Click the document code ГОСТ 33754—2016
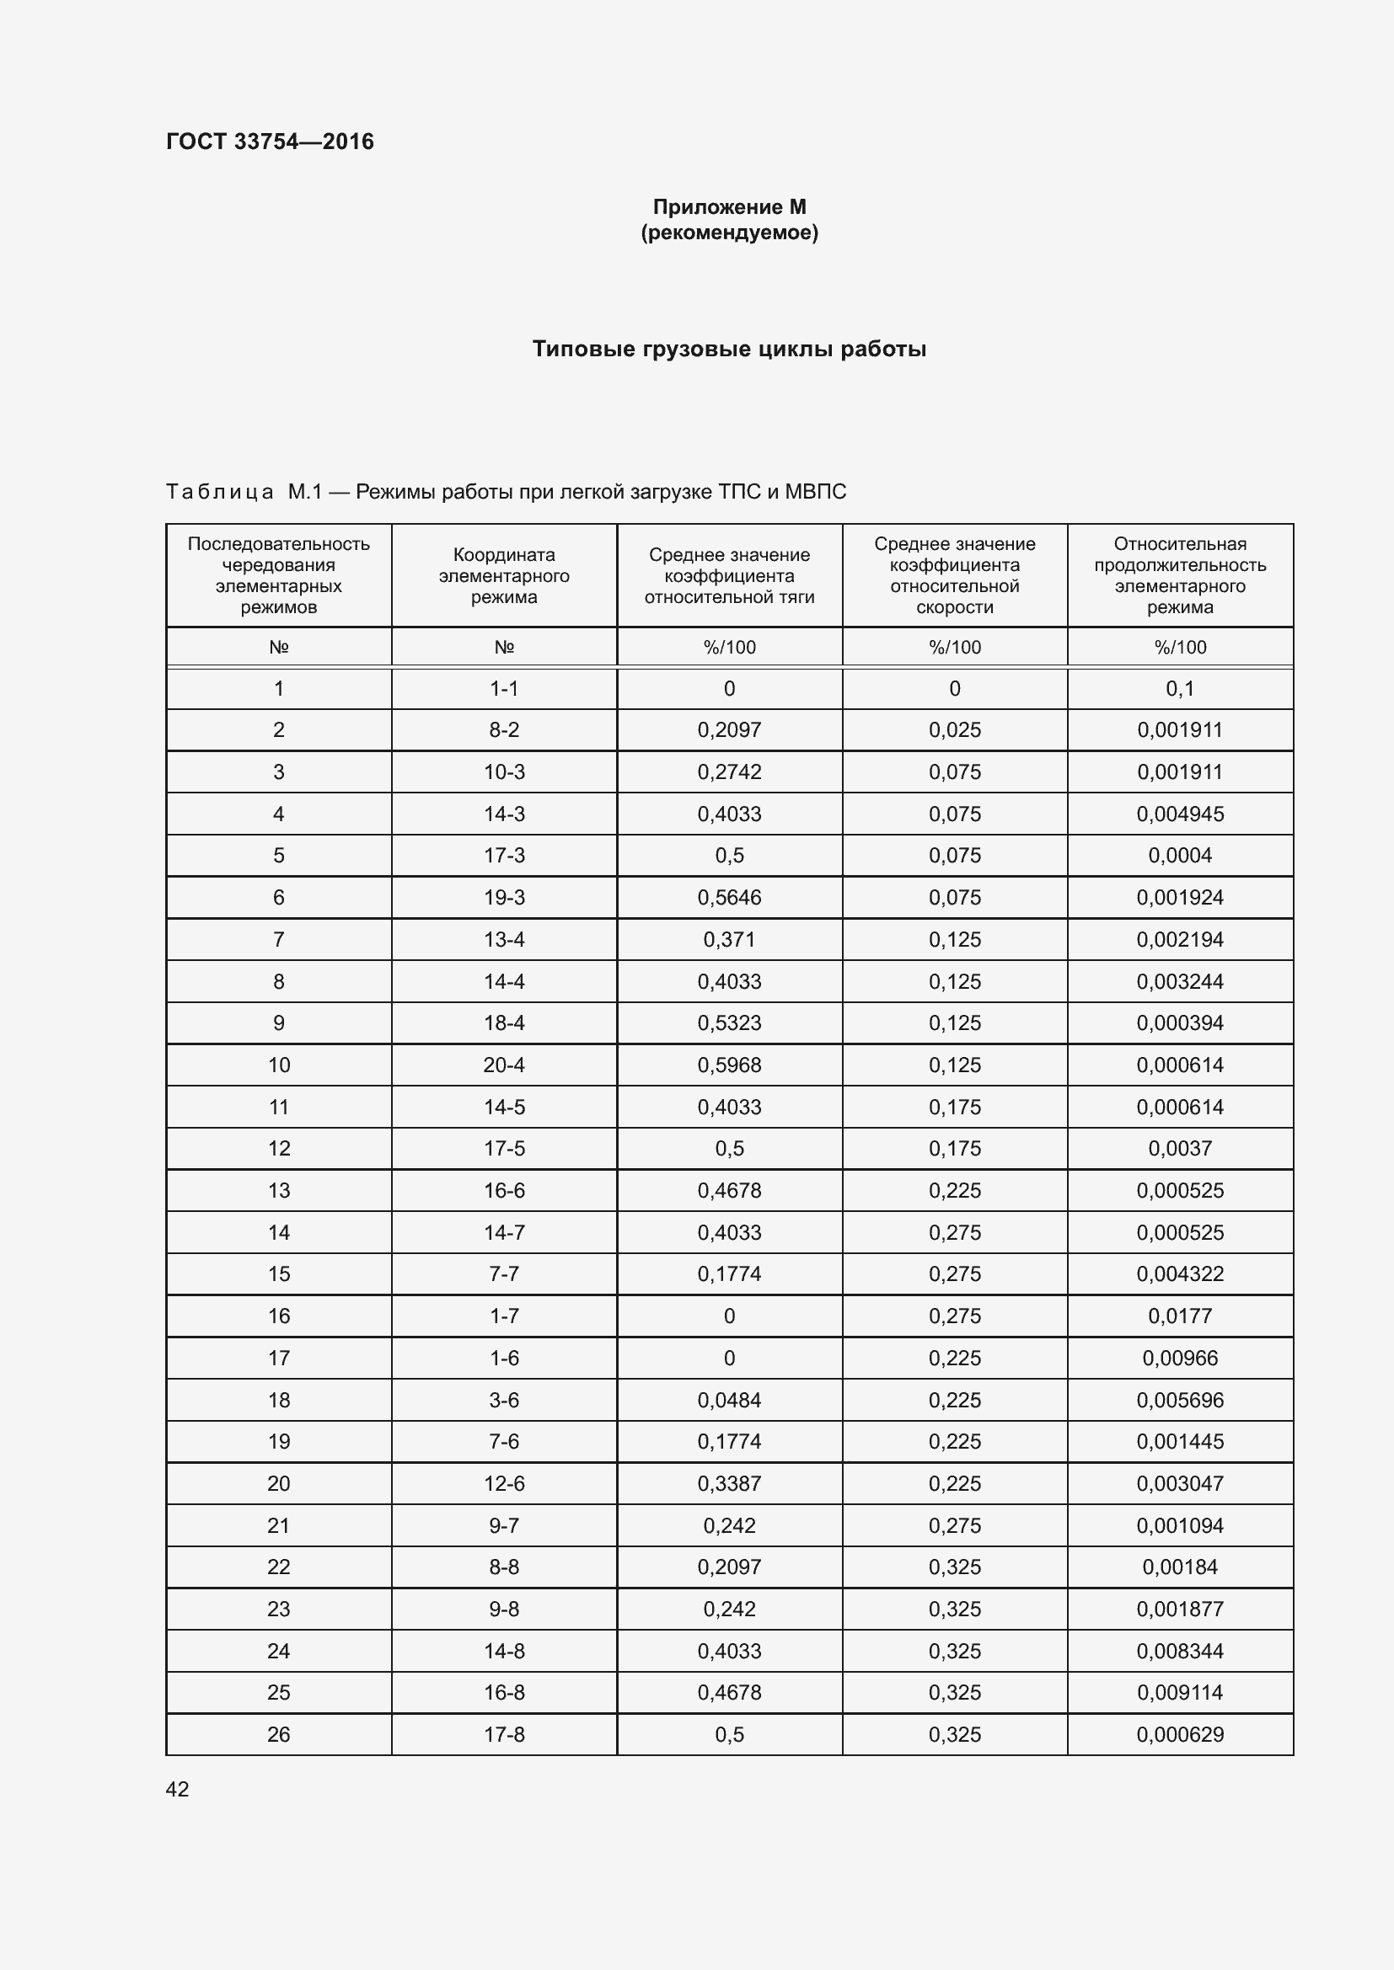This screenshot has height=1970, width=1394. click(270, 141)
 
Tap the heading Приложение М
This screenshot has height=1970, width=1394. click(729, 207)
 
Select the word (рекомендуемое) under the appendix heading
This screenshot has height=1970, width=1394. click(729, 232)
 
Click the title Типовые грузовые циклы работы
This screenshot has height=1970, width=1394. click(729, 349)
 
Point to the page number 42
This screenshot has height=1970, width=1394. click(177, 1789)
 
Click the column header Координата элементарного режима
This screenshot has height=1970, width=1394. click(504, 576)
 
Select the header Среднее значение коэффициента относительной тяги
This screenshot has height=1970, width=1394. click(729, 576)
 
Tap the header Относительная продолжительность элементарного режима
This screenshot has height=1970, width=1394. click(1179, 575)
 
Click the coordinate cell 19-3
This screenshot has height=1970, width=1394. click(504, 898)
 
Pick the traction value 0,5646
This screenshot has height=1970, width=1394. click(729, 898)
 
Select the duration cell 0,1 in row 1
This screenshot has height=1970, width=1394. click(1179, 688)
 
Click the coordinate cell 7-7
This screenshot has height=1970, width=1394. click(504, 1274)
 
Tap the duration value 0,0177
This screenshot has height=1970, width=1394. click(1179, 1316)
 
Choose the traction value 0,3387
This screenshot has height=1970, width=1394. click(729, 1483)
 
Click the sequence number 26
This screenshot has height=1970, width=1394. click(278, 1734)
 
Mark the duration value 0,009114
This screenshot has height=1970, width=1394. click(1179, 1693)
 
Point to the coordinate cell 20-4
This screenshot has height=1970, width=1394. click(504, 1065)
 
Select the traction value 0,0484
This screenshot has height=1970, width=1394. click(729, 1401)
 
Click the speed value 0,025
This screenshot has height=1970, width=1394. click(955, 730)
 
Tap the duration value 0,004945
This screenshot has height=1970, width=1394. click(1179, 814)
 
